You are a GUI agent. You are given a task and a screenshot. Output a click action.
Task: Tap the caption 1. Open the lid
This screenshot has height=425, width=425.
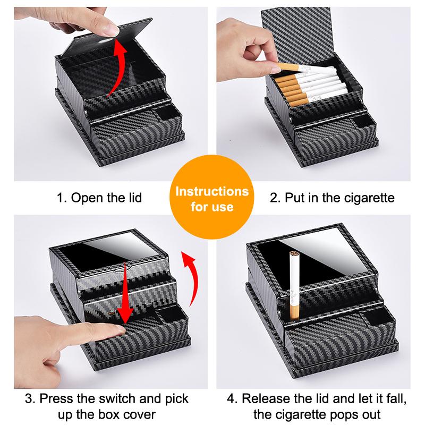pos(100,198)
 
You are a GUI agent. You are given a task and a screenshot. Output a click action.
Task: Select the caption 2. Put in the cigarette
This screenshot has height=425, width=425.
pos(333,198)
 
